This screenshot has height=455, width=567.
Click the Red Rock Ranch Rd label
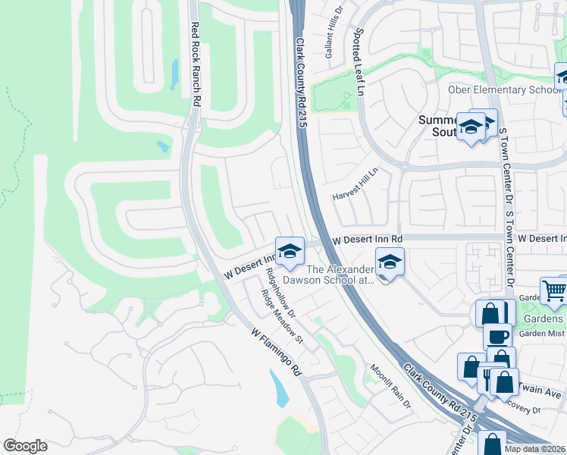tap(195, 63)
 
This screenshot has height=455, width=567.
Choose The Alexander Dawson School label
tap(340, 275)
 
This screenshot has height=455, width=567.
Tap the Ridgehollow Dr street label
tap(281, 290)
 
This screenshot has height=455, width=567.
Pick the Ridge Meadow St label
tap(282, 316)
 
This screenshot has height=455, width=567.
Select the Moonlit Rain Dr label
tap(390, 386)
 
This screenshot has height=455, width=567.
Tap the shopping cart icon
tap(555, 290)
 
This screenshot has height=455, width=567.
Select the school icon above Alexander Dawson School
tap(390, 262)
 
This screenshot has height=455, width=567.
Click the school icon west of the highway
tap(289, 252)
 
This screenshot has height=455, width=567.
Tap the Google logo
tap(24, 446)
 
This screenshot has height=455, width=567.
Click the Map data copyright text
tap(535, 449)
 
